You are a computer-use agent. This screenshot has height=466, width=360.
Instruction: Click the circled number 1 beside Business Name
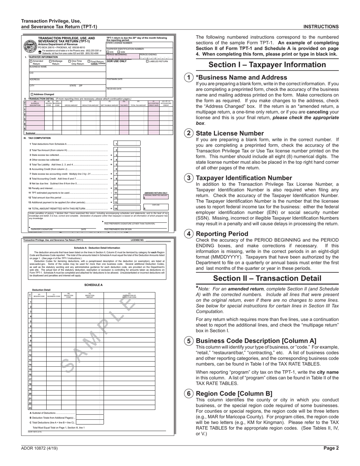189,77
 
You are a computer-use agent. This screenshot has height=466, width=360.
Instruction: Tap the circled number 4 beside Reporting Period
189,234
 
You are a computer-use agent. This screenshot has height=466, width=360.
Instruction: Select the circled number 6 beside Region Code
189,393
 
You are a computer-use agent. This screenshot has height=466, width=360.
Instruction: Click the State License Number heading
230,133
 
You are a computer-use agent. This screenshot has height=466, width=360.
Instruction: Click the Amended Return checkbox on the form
31,61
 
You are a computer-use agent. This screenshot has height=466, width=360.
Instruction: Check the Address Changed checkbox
31,94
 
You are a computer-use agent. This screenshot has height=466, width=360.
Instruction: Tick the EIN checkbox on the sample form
108,52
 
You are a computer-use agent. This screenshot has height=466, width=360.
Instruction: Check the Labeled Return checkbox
148,61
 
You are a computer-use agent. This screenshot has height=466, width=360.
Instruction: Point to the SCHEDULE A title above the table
93,285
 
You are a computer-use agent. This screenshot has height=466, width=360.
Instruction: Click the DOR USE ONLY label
117,61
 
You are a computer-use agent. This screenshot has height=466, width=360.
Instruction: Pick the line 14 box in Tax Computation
116,208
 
